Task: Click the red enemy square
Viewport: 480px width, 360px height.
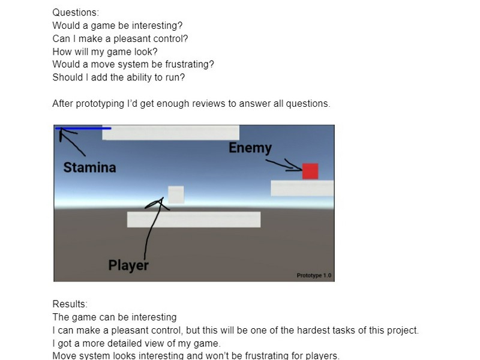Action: pyautogui.click(x=310, y=171)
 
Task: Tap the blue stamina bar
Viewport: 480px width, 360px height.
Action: pyautogui.click(x=83, y=128)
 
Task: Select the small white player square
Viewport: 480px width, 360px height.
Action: pyautogui.click(x=176, y=194)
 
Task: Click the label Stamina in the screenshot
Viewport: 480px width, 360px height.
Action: pyautogui.click(x=89, y=167)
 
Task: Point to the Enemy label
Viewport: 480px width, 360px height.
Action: pyautogui.click(x=250, y=148)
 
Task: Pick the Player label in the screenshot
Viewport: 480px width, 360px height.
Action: pyautogui.click(x=128, y=265)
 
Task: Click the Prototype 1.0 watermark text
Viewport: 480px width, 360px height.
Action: pyautogui.click(x=314, y=275)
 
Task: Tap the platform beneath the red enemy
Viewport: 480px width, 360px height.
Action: pyautogui.click(x=302, y=188)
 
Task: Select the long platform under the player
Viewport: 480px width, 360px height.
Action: pyautogui.click(x=194, y=220)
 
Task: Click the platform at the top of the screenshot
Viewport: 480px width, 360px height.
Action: pyautogui.click(x=171, y=133)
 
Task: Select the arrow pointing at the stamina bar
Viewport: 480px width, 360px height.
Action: pyautogui.click(x=71, y=141)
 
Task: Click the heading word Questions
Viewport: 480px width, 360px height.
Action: pyautogui.click(x=76, y=12)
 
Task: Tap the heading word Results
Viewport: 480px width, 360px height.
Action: pyautogui.click(x=70, y=304)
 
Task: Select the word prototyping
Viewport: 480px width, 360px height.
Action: pyautogui.click(x=100, y=104)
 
